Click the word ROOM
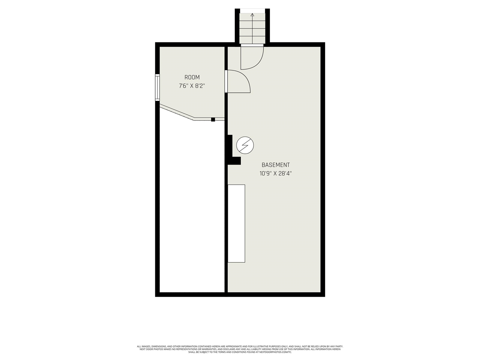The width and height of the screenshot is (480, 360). coord(192,77)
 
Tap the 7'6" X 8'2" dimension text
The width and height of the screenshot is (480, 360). coord(192,86)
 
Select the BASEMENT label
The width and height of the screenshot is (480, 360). coord(276,165)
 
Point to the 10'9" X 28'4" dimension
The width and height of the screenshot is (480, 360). coord(276,174)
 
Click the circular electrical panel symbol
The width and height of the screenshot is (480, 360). coord(245,145)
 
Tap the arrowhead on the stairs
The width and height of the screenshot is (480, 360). coord(252,15)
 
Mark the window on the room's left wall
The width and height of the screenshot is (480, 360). coord(158,87)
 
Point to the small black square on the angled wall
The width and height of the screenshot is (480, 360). coord(213,119)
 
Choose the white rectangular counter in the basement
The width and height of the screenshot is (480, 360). coord(237,223)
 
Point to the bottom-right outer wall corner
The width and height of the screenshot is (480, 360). coord(322,294)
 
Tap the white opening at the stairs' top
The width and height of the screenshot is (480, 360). coord(252,10)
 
